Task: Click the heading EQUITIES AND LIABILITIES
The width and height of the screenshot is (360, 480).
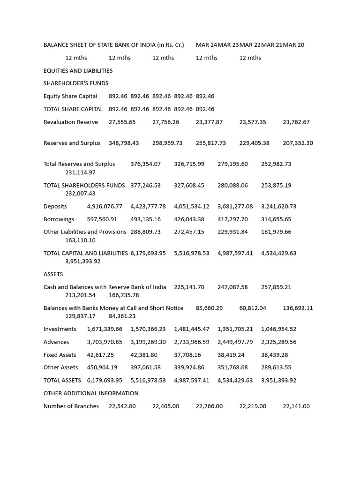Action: [x=78, y=71]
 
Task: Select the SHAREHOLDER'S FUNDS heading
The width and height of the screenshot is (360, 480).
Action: [x=76, y=83]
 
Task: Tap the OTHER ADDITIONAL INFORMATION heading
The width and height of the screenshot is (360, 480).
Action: [x=91, y=393]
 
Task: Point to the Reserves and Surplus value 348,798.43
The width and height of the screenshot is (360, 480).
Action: [x=124, y=143]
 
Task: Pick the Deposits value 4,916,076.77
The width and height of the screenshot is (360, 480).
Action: [x=105, y=206]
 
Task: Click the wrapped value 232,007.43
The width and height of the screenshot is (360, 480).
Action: [x=80, y=194]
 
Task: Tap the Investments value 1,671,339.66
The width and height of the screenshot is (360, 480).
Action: [x=105, y=329]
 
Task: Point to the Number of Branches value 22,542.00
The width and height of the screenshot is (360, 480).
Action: [x=122, y=406]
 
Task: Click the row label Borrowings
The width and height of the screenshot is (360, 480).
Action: [x=59, y=219]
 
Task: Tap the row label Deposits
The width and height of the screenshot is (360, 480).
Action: [x=55, y=206]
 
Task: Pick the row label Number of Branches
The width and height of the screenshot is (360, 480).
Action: [x=71, y=406]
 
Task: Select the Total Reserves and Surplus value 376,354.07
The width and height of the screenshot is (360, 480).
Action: [x=145, y=164]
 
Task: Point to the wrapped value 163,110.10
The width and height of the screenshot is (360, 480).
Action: [x=80, y=240]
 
